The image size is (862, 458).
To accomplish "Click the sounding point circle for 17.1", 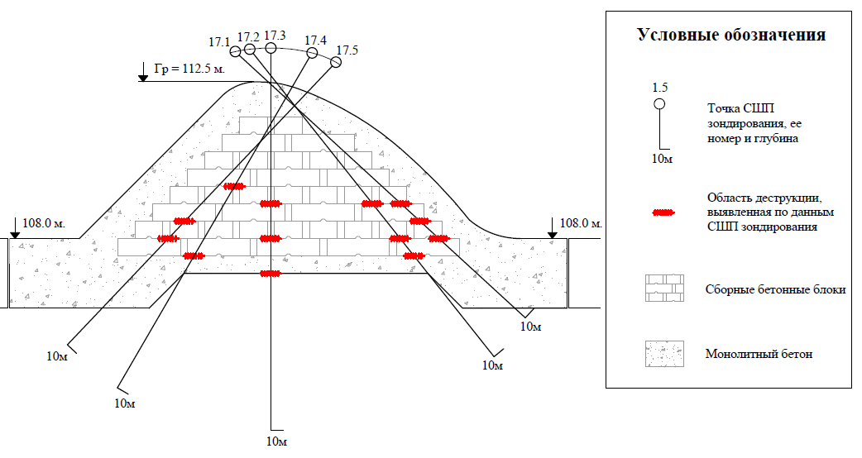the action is (235, 51).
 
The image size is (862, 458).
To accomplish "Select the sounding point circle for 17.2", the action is (250, 49).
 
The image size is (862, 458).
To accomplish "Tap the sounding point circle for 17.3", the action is (271, 48).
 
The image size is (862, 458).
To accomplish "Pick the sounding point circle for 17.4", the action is (312, 53).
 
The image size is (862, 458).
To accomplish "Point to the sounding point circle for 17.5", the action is (335, 63).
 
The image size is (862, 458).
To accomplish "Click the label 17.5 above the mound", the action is (347, 50).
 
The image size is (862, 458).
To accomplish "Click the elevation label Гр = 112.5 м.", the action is (189, 69).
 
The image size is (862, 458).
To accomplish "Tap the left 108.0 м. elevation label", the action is (44, 223).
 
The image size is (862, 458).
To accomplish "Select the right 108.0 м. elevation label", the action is (581, 223).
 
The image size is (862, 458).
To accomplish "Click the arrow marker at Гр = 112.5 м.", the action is (143, 72).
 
